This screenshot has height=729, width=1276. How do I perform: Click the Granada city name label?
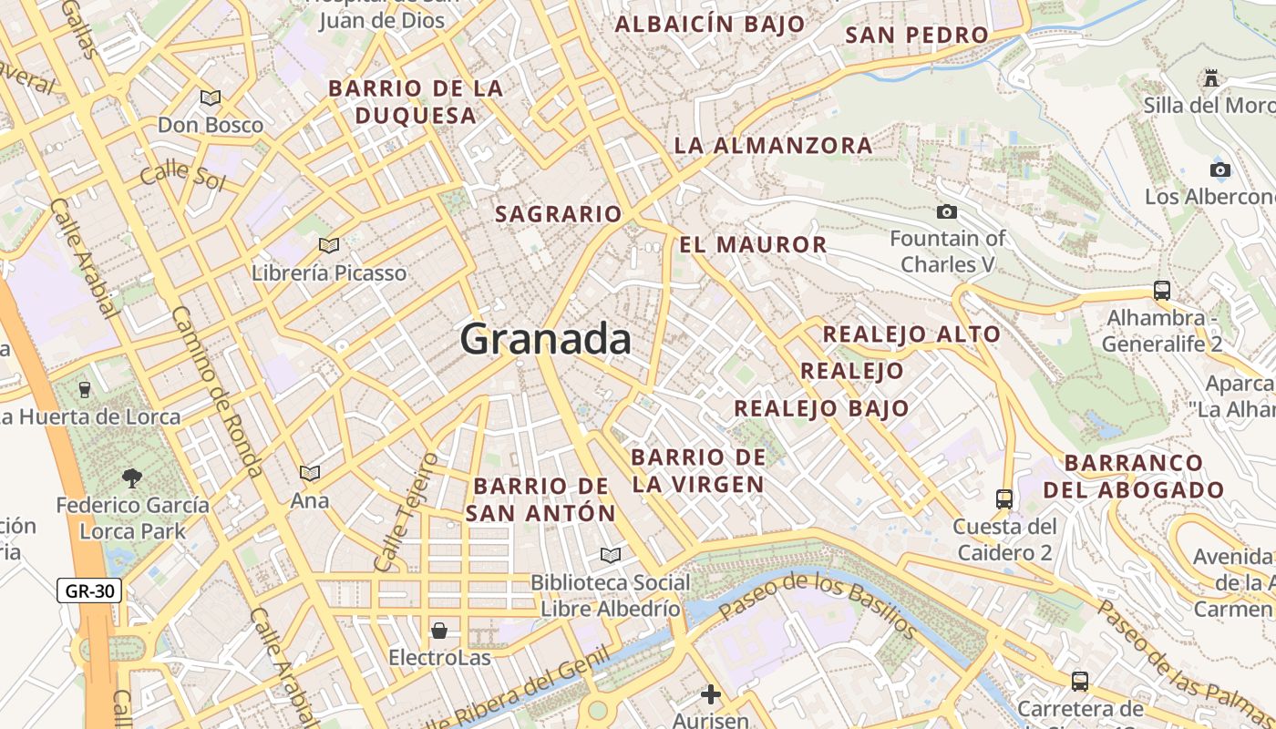[545, 339]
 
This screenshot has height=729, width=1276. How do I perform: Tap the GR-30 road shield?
[90, 590]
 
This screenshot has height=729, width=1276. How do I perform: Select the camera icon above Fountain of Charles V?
[947, 211]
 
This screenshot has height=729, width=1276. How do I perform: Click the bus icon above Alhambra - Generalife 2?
[1161, 291]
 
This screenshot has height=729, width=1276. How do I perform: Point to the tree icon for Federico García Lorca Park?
[132, 477]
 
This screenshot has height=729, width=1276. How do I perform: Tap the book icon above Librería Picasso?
[329, 245]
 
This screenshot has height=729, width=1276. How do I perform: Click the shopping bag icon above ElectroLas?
[439, 631]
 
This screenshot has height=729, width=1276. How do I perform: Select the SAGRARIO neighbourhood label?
[558, 214]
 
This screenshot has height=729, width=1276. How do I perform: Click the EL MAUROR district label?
[753, 244]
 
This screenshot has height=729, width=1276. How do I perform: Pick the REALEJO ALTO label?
[911, 334]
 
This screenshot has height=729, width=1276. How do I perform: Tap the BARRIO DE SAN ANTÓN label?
[540, 499]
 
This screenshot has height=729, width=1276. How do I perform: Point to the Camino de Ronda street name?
[216, 392]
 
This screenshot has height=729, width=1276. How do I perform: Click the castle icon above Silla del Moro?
[1211, 78]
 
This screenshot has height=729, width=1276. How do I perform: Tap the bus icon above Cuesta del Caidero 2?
[1003, 498]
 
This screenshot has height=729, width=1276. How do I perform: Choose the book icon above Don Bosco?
[211, 97]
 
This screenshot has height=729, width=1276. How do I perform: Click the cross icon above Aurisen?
[710, 695]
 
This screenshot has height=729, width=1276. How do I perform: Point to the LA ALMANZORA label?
[773, 145]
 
